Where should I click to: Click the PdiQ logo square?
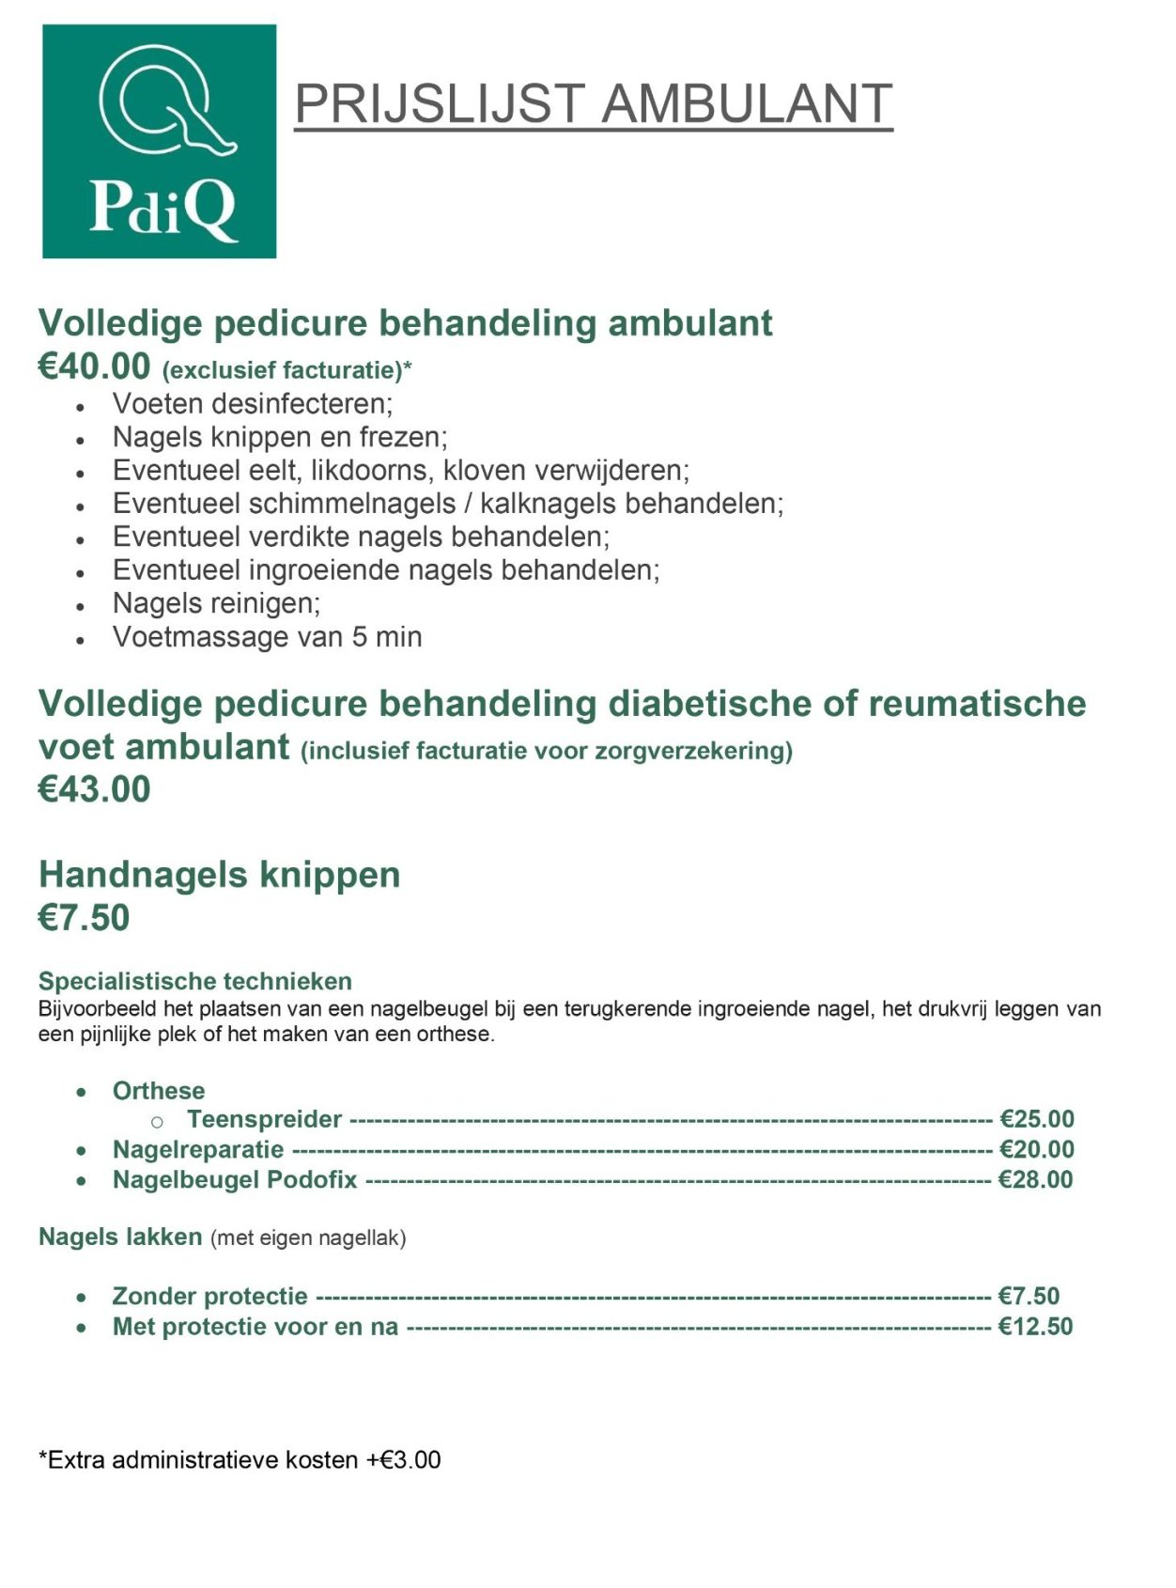(x=160, y=142)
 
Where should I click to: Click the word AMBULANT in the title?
(x=746, y=103)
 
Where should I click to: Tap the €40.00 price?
(x=94, y=366)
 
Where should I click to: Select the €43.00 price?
(x=94, y=789)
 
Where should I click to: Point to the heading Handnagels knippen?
(x=220, y=875)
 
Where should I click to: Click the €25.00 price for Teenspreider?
(x=1037, y=1119)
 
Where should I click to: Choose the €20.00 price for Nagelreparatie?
(x=1037, y=1149)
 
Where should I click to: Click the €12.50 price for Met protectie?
(x=1035, y=1326)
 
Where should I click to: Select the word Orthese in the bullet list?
(x=159, y=1091)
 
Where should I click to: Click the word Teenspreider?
(x=264, y=1119)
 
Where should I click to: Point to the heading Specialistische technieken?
(x=195, y=981)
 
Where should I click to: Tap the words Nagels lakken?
(x=120, y=1237)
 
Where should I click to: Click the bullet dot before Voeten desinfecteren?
(x=81, y=406)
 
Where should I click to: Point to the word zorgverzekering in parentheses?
(x=695, y=751)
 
